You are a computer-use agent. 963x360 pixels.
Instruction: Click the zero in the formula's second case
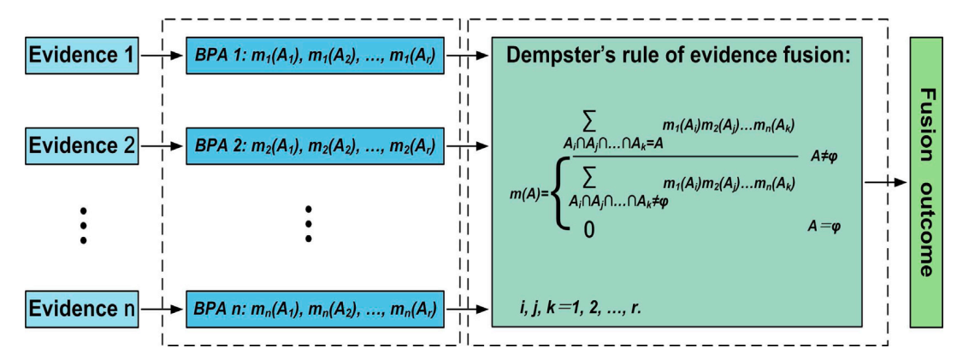pos(588,228)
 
